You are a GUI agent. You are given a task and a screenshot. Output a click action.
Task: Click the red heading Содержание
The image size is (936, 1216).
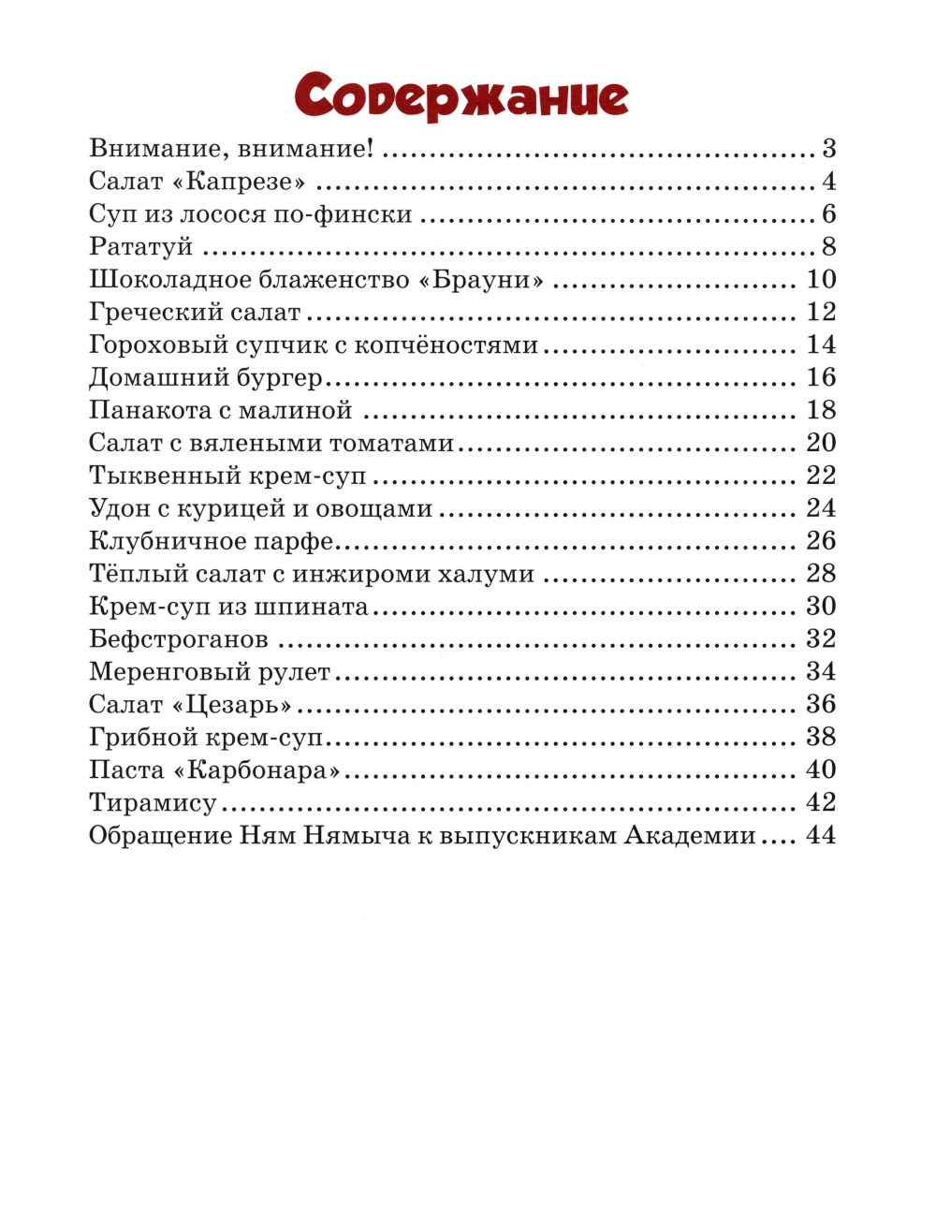click(x=461, y=96)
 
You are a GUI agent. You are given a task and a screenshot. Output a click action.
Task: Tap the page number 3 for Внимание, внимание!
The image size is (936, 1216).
click(x=828, y=148)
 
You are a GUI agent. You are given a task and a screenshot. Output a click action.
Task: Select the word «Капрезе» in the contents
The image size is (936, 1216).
click(x=240, y=181)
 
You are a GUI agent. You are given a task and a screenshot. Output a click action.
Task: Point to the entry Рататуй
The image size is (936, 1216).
click(x=140, y=247)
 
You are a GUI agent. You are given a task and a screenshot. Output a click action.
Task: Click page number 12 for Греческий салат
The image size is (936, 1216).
click(x=821, y=312)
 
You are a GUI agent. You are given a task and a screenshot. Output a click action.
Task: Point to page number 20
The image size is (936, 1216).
click(x=821, y=443)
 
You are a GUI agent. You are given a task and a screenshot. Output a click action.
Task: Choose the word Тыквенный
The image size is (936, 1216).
click(x=166, y=476)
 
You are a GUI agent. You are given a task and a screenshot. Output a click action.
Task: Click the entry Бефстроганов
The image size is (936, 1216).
click(x=179, y=639)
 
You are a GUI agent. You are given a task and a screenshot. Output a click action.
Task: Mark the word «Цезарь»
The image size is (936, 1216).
click(x=233, y=704)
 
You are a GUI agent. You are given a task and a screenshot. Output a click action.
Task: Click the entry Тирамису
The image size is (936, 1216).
click(x=153, y=803)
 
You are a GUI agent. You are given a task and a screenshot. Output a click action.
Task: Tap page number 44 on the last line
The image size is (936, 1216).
click(x=821, y=835)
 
